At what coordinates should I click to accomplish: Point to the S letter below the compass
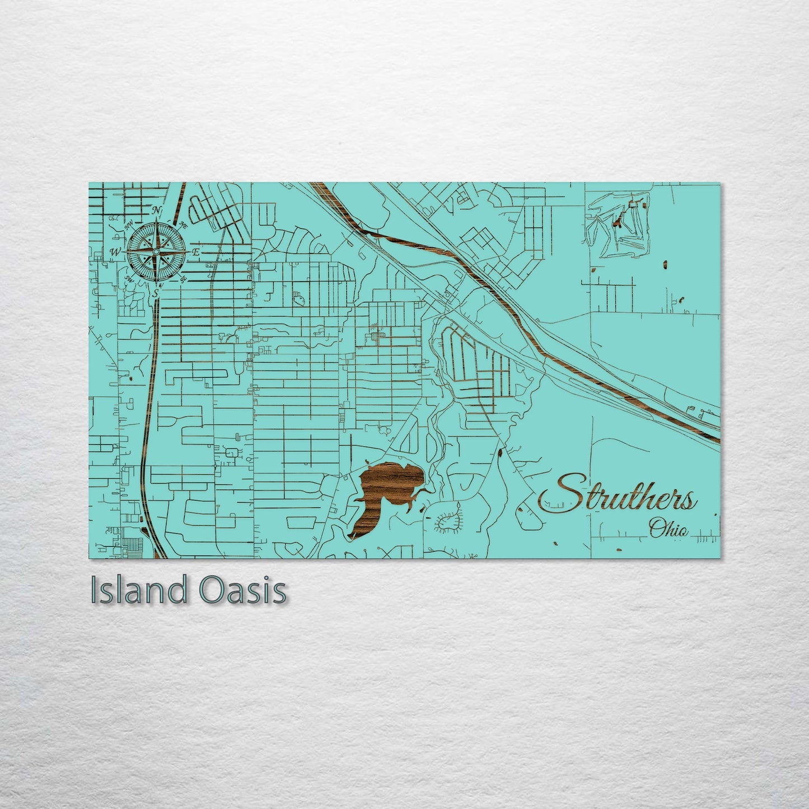click(156, 293)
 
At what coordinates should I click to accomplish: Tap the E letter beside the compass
click(195, 252)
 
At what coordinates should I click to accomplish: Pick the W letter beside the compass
click(115, 252)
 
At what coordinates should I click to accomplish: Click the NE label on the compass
click(183, 225)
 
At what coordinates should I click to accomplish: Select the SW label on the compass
click(129, 278)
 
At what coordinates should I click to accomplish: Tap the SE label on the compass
click(184, 278)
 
